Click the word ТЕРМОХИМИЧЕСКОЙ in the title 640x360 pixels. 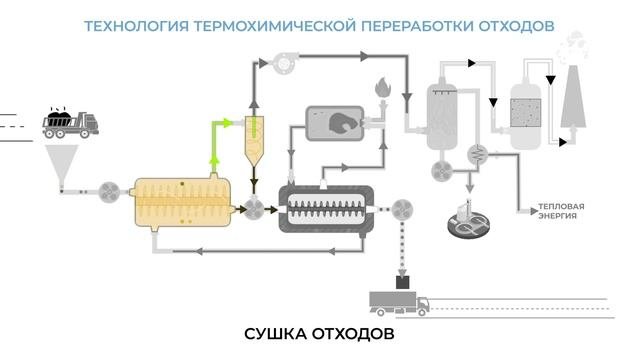point(275,26)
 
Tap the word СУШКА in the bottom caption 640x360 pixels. point(276,334)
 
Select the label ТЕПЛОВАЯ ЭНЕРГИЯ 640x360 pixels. point(561,211)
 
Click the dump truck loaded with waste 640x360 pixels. point(70,122)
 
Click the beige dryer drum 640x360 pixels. point(182,202)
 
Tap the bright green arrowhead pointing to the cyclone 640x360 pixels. point(227,122)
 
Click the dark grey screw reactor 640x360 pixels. point(326,209)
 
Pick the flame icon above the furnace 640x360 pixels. point(383,87)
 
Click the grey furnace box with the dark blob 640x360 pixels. point(335,123)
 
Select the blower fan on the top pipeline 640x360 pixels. point(283,63)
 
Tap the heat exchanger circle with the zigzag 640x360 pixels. point(477,154)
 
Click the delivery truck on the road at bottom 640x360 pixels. point(399,304)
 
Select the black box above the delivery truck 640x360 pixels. point(403,282)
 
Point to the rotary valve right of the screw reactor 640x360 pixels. point(402,209)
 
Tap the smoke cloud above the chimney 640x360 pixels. point(573,47)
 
